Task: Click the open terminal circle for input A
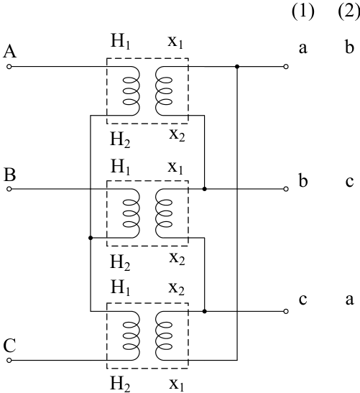pos(9,67)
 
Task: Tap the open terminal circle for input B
pos(9,189)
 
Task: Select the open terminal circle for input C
pos(9,360)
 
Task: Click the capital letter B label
pos(10,175)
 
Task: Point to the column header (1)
pos(303,11)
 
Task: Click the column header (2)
pos(349,11)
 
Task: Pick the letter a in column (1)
pos(303,49)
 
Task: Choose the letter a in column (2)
pos(349,300)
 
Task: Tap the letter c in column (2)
pos(349,182)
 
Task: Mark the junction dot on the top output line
pos(237,67)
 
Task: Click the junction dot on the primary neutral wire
pos(91,238)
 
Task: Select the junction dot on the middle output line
pos(205,189)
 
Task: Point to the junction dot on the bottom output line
pos(205,311)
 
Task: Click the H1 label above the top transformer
pos(121,42)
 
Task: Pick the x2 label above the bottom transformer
pos(177,288)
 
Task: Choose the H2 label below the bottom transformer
pos(120,384)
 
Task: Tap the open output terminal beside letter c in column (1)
pos(286,311)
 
